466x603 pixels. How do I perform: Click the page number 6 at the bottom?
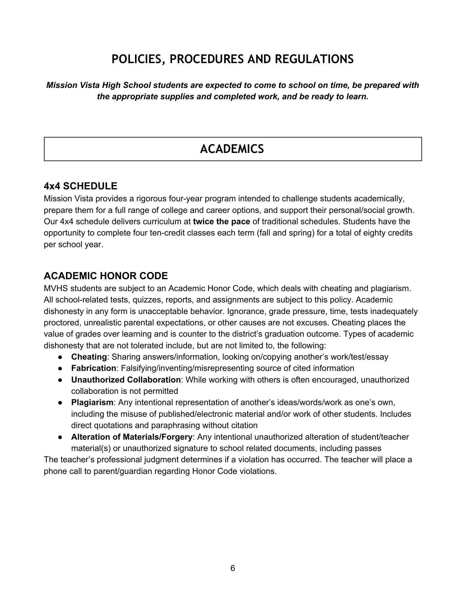233,568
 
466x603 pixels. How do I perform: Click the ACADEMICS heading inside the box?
232,149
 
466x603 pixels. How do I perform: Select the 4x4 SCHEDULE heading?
80,186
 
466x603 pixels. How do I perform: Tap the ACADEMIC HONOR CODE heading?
106,276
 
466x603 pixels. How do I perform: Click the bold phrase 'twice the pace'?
221,221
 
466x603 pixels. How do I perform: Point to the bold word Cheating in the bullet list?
89,357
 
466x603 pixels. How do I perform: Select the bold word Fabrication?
94,368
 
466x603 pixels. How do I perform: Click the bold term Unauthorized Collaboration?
126,380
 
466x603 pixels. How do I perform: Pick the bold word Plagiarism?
92,402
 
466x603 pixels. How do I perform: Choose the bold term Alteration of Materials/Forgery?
132,437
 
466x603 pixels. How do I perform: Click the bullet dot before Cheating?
60,357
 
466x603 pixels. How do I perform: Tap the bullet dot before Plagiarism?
60,403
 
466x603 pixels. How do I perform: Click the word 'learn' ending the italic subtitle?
357,96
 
